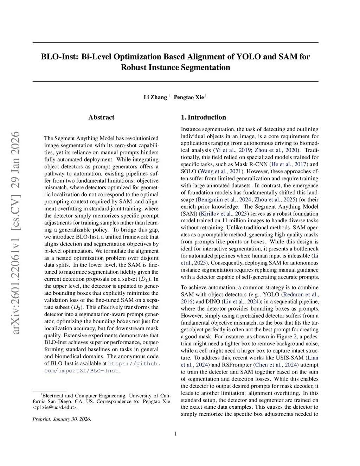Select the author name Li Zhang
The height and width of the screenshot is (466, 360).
pos(155,97)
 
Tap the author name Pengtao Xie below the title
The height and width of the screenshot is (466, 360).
pos(189,97)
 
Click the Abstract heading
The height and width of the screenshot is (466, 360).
pos(101,117)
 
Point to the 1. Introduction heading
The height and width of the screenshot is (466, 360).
pos(203,117)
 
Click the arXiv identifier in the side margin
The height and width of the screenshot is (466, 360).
pos(15,232)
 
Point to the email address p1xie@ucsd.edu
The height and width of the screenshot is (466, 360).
pos(54,408)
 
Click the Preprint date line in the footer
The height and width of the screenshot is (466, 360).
pos(62,419)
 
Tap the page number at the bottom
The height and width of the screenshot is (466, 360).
pos(175,434)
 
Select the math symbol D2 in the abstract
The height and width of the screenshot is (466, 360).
pos(77,307)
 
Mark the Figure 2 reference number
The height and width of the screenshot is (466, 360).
pos(295,337)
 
